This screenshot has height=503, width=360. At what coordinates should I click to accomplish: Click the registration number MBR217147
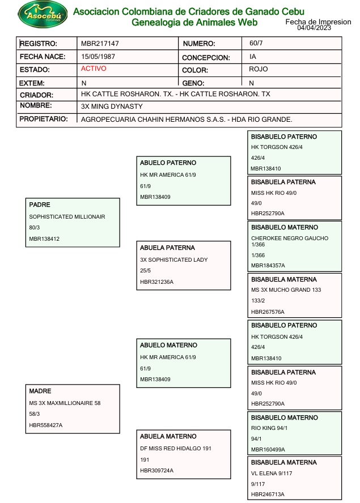coord(100,44)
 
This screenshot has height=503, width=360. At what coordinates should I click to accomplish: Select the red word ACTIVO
coord(94,69)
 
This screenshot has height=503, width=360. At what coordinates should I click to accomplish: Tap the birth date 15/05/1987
coord(98,57)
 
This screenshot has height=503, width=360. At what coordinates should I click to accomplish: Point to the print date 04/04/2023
coord(314,28)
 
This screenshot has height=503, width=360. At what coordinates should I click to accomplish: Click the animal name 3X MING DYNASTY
coord(112,106)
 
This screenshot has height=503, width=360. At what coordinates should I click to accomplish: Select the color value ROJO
coord(259,69)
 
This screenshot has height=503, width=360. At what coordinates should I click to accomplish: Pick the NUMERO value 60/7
coord(256,44)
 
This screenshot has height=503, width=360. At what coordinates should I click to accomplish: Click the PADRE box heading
coord(40,204)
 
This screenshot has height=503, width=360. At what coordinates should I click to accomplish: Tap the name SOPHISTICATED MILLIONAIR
coord(67,217)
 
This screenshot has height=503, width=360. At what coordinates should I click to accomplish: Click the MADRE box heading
coord(40,391)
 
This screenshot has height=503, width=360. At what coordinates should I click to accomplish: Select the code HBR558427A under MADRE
coord(46,425)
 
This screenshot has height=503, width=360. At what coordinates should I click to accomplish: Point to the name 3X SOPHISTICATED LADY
coord(174,260)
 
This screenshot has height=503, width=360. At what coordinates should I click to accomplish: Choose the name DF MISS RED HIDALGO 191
coord(176,449)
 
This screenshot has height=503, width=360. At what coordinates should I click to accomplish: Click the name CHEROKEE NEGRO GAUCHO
coord(290,238)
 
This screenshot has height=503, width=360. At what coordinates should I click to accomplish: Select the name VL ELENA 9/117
coord(272,473)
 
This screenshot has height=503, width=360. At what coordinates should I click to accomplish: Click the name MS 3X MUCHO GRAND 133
coord(286,290)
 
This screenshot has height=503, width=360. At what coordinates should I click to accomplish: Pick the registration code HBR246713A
coord(268,495)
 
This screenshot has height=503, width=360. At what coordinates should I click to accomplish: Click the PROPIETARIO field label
coord(44,119)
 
